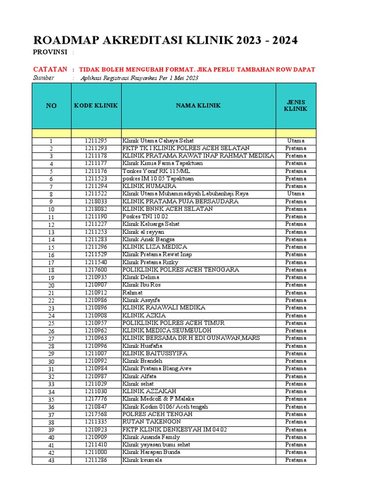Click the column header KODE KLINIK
click(96, 106)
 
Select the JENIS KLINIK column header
click(295, 106)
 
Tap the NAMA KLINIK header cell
click(198, 106)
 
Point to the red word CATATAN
click(50, 70)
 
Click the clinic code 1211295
click(95, 141)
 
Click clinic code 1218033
click(95, 201)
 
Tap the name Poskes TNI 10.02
click(145, 217)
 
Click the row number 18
click(51, 270)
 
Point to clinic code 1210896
click(95, 307)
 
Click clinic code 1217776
click(95, 399)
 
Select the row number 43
click(51, 460)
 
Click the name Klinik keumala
click(142, 460)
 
